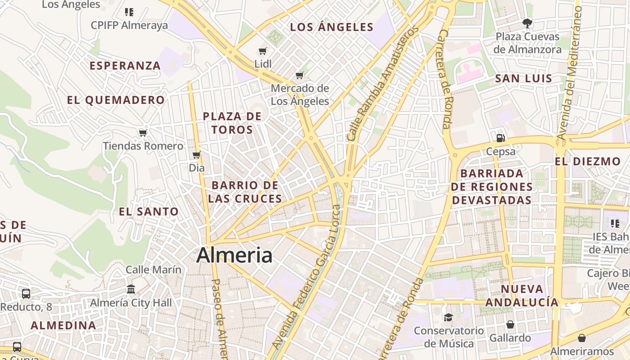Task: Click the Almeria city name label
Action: [234, 255]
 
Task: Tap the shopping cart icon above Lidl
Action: [263, 51]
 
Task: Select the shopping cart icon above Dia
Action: [196, 155]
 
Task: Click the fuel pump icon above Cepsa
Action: [500, 138]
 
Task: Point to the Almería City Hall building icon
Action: [131, 288]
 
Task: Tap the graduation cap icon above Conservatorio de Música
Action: [448, 317]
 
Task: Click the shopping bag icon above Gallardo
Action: [510, 324]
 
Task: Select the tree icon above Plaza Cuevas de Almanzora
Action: [527, 22]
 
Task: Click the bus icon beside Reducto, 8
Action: [26, 294]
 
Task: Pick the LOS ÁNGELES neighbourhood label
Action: [332, 27]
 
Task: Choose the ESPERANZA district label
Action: [125, 66]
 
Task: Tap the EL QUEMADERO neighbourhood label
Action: [116, 100]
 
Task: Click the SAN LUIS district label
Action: [523, 79]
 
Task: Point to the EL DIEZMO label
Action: [588, 162]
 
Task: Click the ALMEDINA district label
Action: [63, 325]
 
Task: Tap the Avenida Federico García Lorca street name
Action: [310, 277]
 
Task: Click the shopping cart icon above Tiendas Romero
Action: [143, 133]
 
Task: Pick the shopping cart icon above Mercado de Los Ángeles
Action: [300, 75]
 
